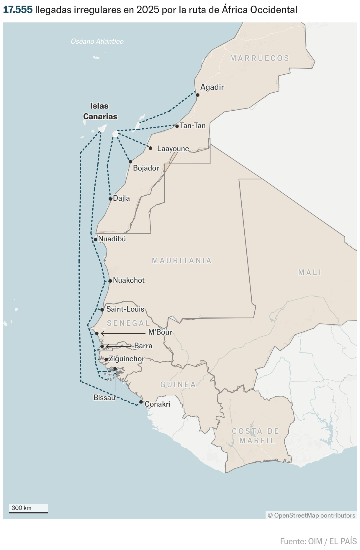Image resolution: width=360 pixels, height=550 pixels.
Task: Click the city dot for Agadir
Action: [198, 95]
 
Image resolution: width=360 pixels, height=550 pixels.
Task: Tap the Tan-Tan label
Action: [192, 126]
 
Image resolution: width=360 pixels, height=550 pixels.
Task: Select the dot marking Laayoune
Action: [150, 148]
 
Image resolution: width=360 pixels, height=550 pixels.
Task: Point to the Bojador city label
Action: [146, 168]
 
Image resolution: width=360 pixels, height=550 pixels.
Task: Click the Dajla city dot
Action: [110, 199]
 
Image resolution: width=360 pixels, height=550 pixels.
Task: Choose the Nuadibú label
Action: [112, 239]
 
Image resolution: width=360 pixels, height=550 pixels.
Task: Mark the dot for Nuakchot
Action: [110, 281]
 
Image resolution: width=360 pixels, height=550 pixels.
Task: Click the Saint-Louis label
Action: [125, 309]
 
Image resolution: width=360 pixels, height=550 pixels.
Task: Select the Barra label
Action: [143, 346]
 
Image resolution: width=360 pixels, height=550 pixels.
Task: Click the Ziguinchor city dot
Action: [106, 359]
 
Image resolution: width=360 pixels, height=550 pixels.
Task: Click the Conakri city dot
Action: [141, 402]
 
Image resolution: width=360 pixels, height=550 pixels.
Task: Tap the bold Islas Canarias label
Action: [100, 111]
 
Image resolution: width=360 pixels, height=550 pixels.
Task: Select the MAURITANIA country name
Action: [182, 261]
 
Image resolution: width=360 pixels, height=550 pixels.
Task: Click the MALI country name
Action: [310, 272]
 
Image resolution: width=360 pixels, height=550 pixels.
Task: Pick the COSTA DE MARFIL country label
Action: [256, 436]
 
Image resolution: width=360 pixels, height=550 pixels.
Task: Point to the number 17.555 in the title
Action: [18, 10]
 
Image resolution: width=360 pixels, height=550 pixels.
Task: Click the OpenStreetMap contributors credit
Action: [311, 515]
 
